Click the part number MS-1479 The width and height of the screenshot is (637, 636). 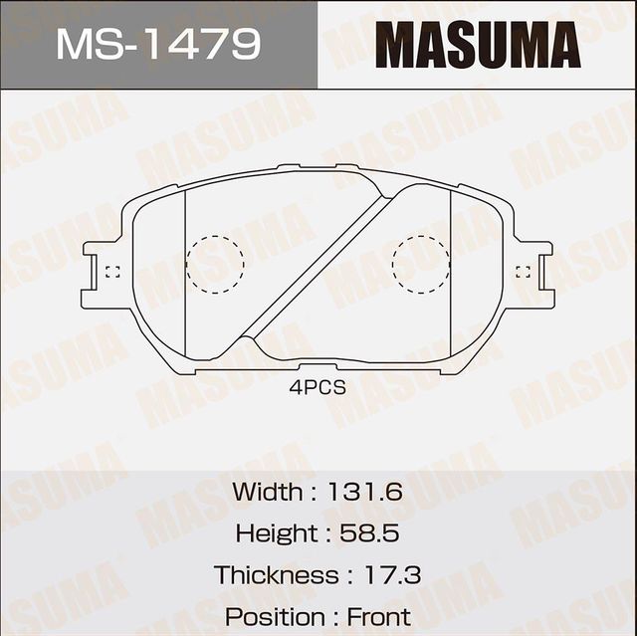(158, 45)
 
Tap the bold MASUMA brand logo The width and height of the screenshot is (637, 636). (478, 45)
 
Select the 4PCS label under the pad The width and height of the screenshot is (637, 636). (318, 388)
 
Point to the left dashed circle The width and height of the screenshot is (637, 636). (214, 265)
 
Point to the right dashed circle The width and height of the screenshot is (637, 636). (421, 265)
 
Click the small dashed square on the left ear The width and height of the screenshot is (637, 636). (112, 272)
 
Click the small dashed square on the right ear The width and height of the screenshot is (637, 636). (524, 270)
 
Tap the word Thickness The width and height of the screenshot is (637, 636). (276, 575)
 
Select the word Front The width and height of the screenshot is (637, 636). (379, 617)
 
